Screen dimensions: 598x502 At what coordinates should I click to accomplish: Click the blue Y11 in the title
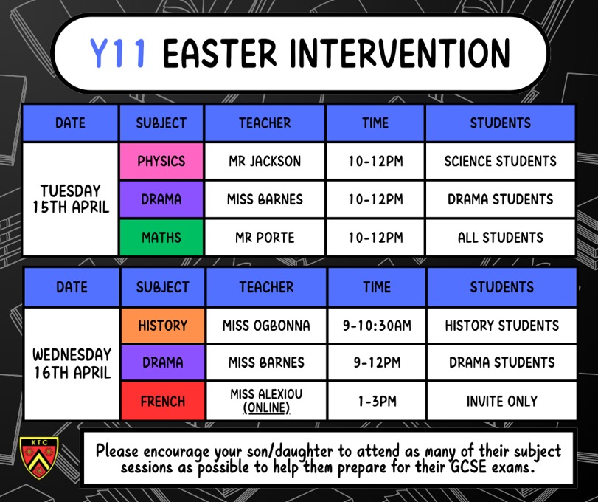117,53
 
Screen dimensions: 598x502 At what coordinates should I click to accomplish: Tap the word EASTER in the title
220,53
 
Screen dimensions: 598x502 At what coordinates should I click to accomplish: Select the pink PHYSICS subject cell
161,161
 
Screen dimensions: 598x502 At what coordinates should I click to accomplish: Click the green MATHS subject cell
161,238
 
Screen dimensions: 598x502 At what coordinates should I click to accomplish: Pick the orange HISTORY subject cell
163,326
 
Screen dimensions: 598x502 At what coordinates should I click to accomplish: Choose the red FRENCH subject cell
163,401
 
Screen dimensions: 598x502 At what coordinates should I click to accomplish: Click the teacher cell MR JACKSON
265,161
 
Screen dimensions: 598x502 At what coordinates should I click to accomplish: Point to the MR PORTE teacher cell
265,238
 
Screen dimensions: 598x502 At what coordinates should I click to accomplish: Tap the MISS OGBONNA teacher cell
266,326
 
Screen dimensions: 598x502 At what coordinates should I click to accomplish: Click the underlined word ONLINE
266,408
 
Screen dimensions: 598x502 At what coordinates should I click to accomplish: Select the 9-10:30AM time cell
377,326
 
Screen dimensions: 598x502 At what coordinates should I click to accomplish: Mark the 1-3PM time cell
377,401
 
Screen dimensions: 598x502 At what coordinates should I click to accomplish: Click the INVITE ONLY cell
502,401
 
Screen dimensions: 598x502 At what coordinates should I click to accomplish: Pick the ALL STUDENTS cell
501,238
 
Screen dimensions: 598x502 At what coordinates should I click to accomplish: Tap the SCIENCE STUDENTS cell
501,161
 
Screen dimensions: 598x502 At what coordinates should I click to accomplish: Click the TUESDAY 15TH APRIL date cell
71,199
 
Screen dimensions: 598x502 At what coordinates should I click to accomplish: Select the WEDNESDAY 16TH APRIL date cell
72,364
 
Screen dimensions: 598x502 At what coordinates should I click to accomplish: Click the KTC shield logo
39,458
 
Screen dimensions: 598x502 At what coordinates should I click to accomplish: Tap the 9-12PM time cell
377,362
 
